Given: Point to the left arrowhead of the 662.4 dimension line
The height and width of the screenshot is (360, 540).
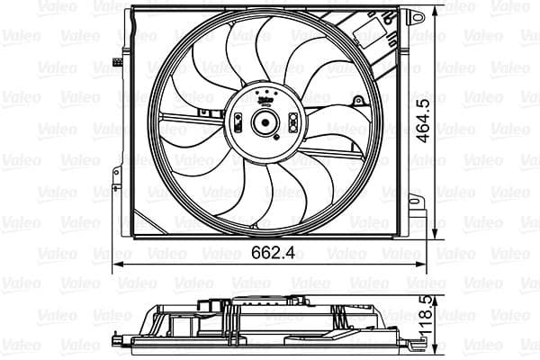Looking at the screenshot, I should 116,266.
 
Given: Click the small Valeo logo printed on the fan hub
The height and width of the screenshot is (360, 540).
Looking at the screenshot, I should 265,103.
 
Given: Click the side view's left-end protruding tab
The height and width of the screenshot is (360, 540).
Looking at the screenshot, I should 120,339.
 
